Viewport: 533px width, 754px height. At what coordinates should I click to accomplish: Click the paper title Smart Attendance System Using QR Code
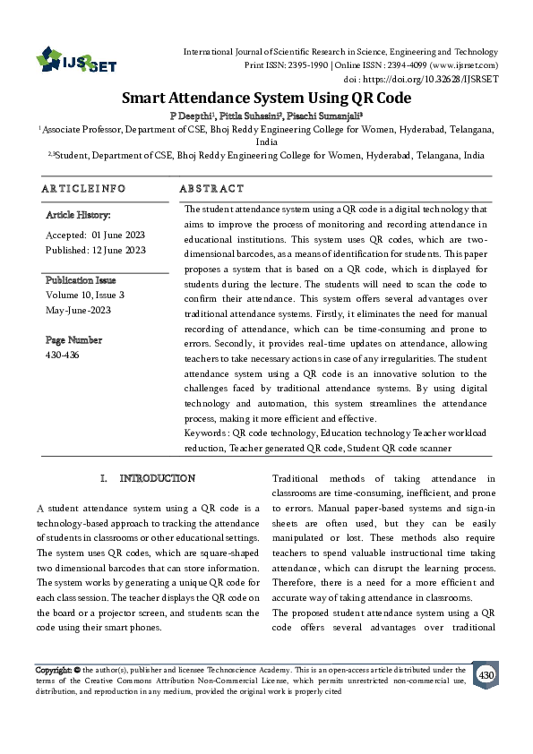[266, 99]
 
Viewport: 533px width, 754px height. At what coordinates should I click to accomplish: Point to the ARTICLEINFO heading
[83, 189]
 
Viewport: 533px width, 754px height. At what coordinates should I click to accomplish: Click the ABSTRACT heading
[211, 189]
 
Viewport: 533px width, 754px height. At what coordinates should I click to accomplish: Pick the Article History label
[78, 216]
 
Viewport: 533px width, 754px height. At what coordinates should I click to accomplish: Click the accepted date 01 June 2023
[118, 235]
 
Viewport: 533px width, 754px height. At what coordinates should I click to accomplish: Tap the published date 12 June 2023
[120, 250]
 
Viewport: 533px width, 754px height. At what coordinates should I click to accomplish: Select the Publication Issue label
[81, 279]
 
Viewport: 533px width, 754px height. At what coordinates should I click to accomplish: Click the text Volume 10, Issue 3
[85, 295]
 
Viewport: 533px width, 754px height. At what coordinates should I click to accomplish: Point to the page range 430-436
[62, 355]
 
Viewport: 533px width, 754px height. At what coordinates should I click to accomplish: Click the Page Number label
[73, 340]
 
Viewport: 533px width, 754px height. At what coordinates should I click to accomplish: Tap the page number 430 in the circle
[486, 674]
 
